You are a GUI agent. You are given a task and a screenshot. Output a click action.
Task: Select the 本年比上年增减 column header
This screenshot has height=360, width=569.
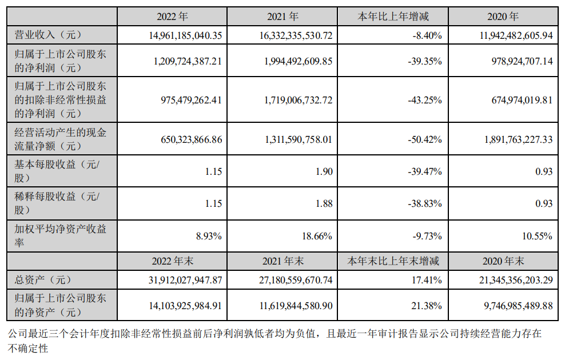tap(392, 17)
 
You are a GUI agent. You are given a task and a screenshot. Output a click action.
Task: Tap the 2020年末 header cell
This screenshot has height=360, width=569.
tap(503, 261)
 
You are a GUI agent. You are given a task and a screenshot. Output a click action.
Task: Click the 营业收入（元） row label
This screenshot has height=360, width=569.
tap(45, 35)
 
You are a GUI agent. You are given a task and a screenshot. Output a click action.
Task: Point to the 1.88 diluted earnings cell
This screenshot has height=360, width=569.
tap(323, 204)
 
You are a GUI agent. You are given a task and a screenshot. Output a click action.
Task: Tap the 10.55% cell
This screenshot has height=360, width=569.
tap(538, 236)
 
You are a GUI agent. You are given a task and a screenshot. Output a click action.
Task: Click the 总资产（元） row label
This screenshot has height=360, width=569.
tap(41, 280)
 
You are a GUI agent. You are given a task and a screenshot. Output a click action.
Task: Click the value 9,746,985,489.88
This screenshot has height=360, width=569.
tap(508, 306)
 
